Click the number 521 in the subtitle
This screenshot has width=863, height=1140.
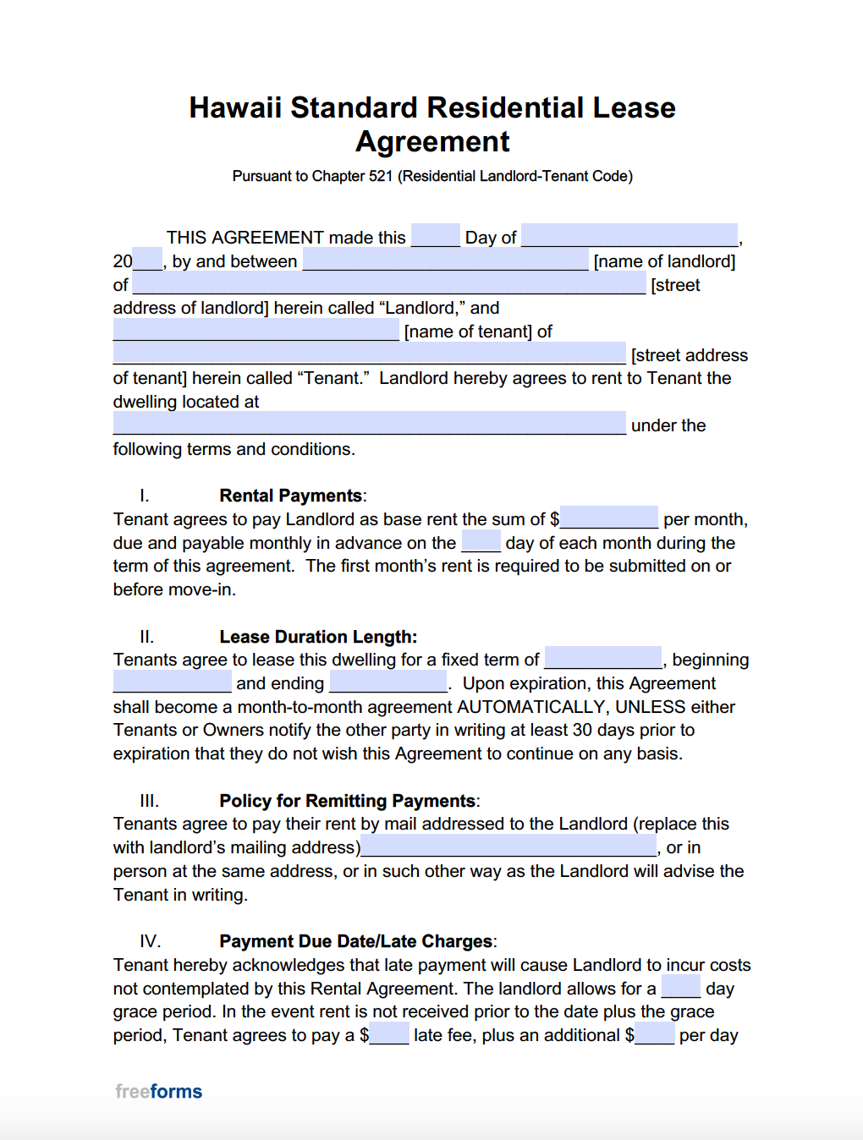[x=380, y=176]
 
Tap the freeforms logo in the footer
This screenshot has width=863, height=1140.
[x=159, y=1091]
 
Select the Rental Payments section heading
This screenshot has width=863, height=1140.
[x=291, y=496]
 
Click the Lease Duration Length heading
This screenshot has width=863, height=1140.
[x=318, y=637]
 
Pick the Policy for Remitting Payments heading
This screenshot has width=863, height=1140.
[x=348, y=801]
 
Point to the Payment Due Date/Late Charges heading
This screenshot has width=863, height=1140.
[x=356, y=941]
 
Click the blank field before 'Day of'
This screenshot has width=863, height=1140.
[x=435, y=236]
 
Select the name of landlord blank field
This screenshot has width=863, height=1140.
[x=445, y=260]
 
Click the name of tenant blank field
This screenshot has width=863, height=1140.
[x=256, y=330]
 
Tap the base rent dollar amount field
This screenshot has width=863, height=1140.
[x=609, y=518]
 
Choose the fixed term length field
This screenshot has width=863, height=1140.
[x=602, y=658]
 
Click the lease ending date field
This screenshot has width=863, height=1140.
[x=388, y=682]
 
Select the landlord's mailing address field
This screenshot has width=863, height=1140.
[x=508, y=846]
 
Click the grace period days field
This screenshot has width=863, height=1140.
[x=680, y=987]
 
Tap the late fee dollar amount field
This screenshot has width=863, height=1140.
[x=389, y=1033]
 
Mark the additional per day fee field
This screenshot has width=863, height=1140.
[x=655, y=1033]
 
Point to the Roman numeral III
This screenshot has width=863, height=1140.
[x=149, y=801]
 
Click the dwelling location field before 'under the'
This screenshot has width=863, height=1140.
[x=369, y=424]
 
